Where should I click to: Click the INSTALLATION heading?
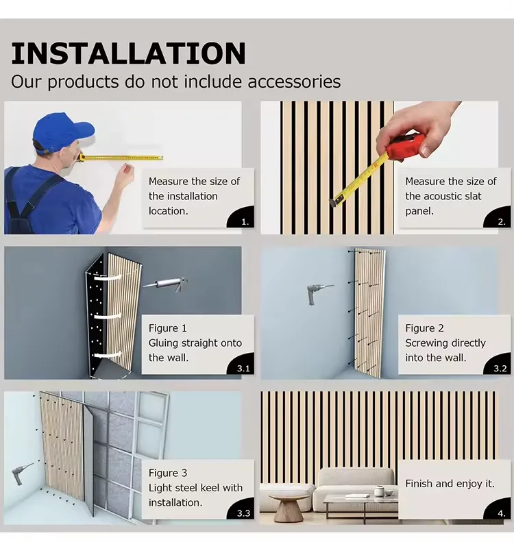[128, 54]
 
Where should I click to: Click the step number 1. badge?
[245, 221]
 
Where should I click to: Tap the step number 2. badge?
[501, 221]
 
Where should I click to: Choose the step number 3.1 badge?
[243, 368]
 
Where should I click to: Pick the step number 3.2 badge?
[500, 368]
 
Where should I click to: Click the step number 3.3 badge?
[243, 513]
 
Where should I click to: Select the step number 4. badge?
[501, 513]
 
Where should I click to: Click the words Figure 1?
[168, 328]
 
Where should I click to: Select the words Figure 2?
[424, 328]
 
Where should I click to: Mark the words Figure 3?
[168, 473]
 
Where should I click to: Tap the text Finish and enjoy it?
[450, 484]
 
